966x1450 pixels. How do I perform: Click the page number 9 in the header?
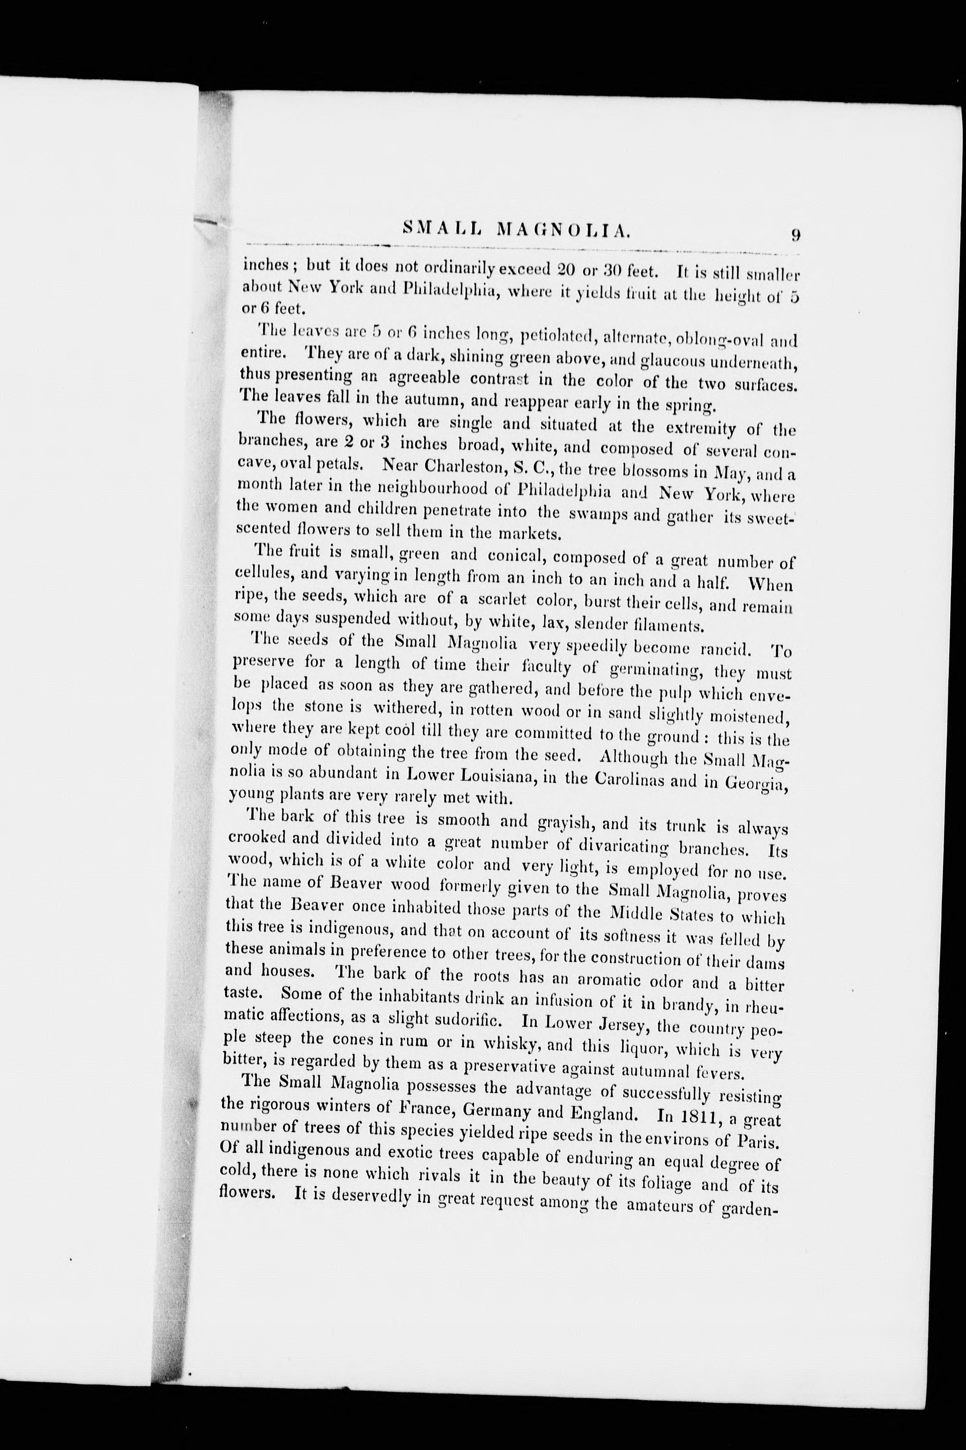(796, 235)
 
